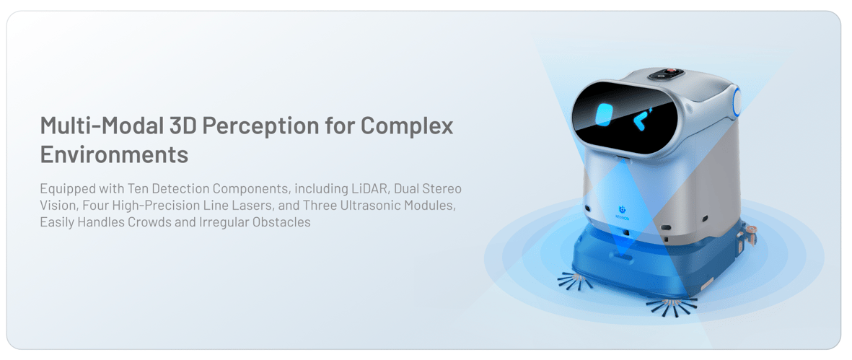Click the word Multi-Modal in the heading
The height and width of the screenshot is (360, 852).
(98, 126)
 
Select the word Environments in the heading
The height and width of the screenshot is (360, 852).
(114, 155)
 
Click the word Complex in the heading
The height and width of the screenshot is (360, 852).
(407, 127)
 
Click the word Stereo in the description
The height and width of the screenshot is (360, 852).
(444, 189)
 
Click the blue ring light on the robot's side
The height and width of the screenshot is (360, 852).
(737, 102)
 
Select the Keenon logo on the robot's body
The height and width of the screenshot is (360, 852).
(622, 211)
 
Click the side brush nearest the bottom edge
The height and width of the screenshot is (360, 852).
(672, 306)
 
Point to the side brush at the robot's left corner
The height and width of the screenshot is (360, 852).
(576, 280)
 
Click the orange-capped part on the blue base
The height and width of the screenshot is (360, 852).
(750, 231)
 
